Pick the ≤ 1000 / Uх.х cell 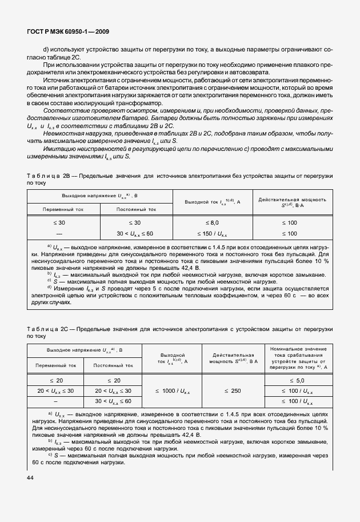(173, 390)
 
